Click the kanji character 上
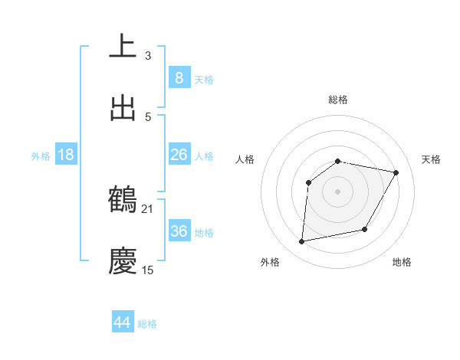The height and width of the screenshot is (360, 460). click(x=123, y=46)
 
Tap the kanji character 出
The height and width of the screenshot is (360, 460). click(x=123, y=108)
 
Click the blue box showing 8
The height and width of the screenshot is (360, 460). click(x=179, y=77)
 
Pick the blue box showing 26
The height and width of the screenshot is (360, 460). click(x=179, y=155)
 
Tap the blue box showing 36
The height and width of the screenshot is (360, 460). click(x=179, y=231)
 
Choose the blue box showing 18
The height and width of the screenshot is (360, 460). click(x=66, y=155)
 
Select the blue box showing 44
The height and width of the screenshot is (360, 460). click(x=123, y=322)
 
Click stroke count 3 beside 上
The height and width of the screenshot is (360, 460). click(x=147, y=55)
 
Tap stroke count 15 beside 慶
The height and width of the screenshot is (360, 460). click(x=147, y=270)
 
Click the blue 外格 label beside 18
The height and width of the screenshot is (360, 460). click(x=41, y=155)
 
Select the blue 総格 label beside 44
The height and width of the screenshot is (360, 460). click(x=147, y=324)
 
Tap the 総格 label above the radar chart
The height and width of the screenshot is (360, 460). click(x=338, y=100)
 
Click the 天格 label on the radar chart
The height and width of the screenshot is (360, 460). click(x=431, y=159)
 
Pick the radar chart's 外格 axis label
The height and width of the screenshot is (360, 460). click(x=270, y=262)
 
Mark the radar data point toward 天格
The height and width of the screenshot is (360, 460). click(x=396, y=172)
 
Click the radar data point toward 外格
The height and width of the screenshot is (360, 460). click(x=302, y=242)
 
